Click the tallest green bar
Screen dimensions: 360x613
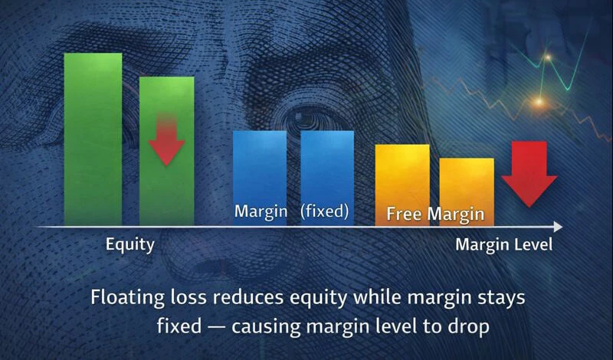click(x=93, y=138)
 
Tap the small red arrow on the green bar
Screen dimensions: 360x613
click(x=166, y=138)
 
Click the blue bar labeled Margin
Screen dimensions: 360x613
click(x=260, y=165)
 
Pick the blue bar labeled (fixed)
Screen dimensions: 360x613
click(x=327, y=165)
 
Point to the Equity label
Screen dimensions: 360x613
click(x=129, y=245)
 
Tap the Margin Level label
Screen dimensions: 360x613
click(x=503, y=245)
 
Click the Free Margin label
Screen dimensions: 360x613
click(x=435, y=214)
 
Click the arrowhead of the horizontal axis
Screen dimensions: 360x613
click(x=558, y=227)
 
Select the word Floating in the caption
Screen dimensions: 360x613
click(x=124, y=296)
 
